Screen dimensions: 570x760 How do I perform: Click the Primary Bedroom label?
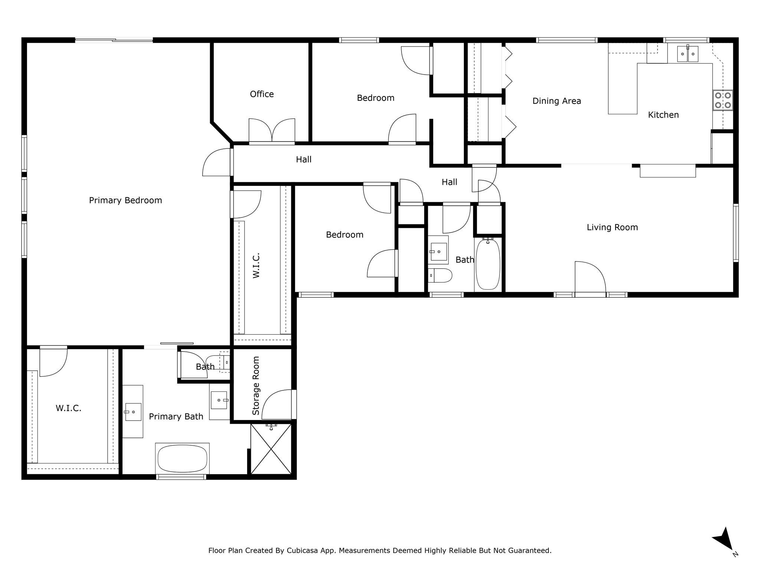click(x=125, y=200)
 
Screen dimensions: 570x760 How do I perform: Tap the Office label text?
click(x=262, y=94)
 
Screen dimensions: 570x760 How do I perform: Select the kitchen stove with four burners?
click(x=723, y=100)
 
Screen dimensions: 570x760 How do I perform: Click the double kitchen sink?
click(x=688, y=54)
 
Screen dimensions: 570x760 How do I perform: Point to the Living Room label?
click(x=612, y=227)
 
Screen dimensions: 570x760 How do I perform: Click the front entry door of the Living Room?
click(x=590, y=278)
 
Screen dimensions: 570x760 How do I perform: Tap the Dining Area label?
click(x=557, y=101)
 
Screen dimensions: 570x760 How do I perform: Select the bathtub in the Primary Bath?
click(x=182, y=459)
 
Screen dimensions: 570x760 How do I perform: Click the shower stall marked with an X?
click(x=271, y=449)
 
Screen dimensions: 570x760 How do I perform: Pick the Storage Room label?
click(x=256, y=386)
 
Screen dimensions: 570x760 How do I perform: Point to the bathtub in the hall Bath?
click(x=488, y=264)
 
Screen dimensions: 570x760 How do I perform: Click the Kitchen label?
click(x=663, y=115)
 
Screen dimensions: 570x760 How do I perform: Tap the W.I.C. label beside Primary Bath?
click(x=69, y=408)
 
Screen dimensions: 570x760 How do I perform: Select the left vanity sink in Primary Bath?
click(x=133, y=412)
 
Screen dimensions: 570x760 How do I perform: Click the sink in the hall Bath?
click(x=438, y=252)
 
